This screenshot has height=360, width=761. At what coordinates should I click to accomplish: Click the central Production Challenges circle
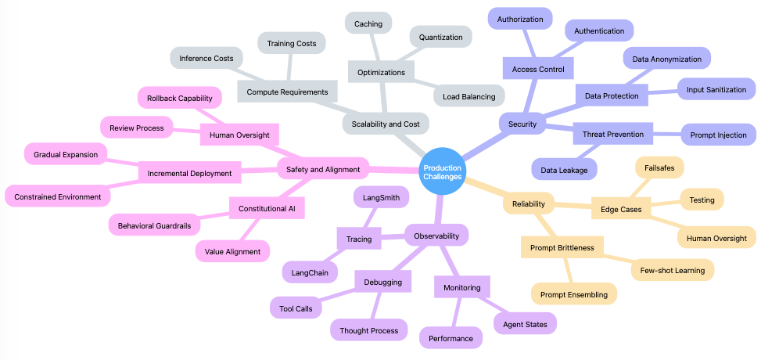[x=442, y=172]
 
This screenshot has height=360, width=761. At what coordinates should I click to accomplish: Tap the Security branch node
[x=522, y=124]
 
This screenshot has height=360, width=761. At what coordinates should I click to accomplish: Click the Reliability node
[x=528, y=204]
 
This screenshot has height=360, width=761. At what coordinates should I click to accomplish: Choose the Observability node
[x=436, y=234]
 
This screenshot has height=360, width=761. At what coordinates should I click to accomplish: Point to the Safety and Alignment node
[x=323, y=168]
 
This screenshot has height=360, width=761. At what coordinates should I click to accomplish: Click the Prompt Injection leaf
[x=718, y=135]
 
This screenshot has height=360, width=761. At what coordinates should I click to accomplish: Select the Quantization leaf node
[x=440, y=36]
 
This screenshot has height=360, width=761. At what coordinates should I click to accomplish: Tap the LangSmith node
[x=381, y=197]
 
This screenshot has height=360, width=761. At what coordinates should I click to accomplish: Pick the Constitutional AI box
[x=267, y=208]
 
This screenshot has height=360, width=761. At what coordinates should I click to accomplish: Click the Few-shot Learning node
[x=673, y=270]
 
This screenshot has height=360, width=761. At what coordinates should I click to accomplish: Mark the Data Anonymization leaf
[x=666, y=58]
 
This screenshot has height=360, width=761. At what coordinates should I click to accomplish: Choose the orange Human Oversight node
[x=716, y=238]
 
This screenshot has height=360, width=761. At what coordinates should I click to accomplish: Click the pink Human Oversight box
[x=239, y=135]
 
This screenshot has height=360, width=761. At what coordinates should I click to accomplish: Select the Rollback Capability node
[x=180, y=98]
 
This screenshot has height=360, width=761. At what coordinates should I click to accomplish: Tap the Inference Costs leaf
[x=206, y=58]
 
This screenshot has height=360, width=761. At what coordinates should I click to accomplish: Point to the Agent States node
[x=524, y=322]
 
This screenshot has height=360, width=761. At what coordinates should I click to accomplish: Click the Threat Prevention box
[x=613, y=135]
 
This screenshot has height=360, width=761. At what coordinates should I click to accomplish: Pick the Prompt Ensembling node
[x=573, y=294]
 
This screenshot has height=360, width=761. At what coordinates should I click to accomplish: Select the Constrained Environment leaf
[x=57, y=196]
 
